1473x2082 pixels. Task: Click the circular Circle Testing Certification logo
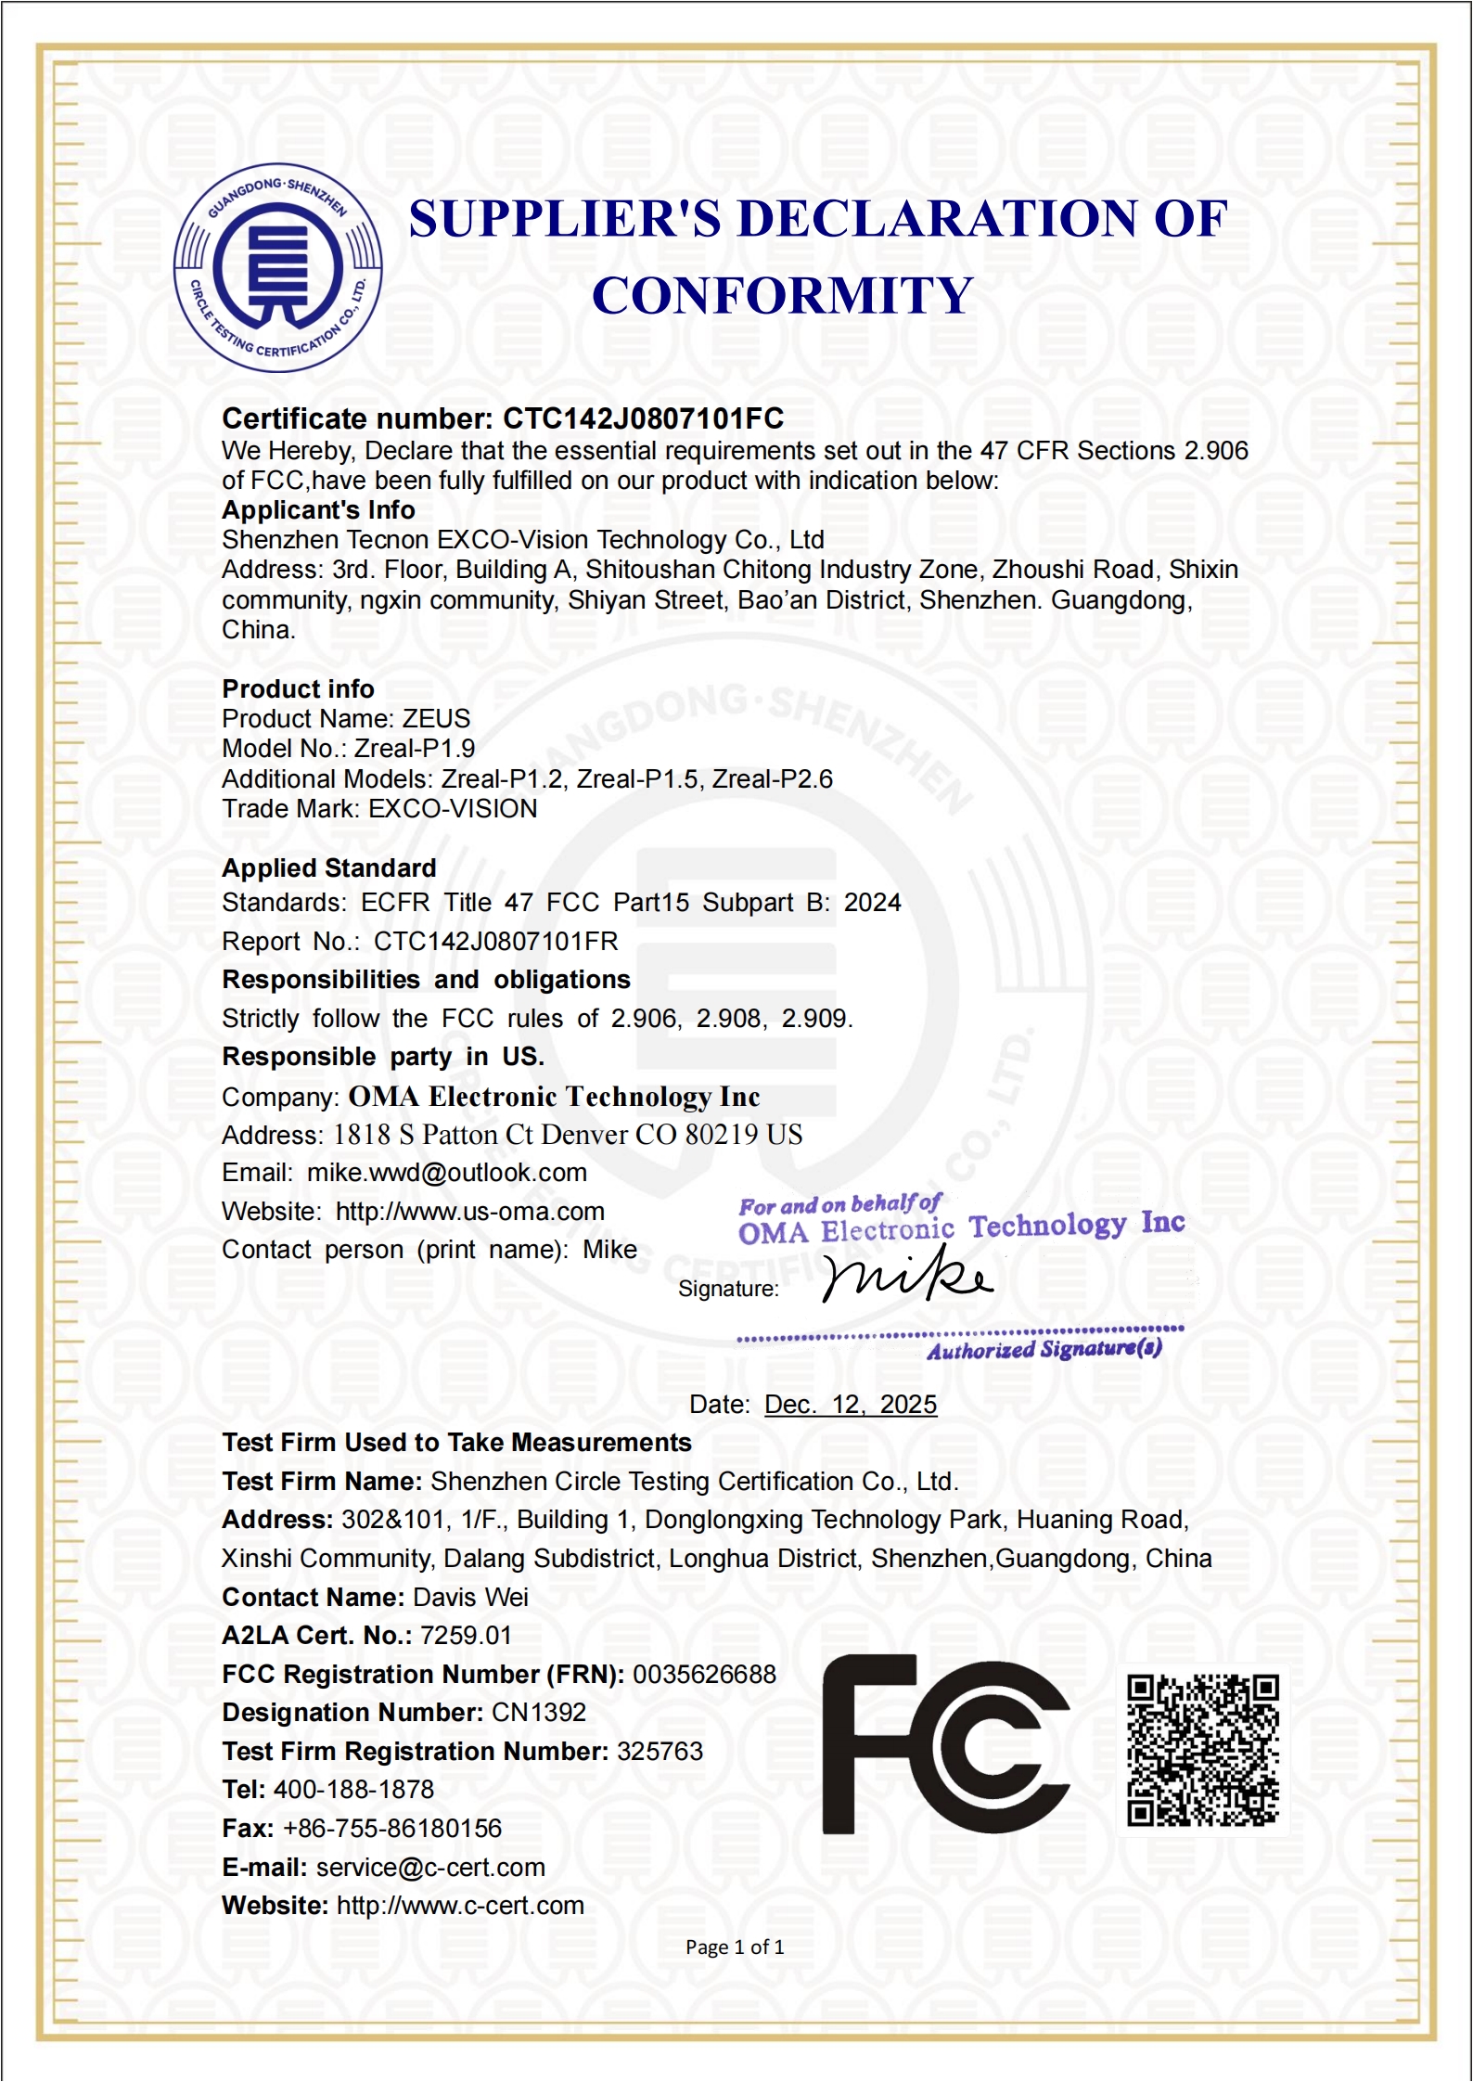pyautogui.click(x=278, y=269)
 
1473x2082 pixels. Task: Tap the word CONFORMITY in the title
pyautogui.click(x=782, y=296)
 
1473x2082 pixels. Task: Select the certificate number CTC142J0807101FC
pyautogui.click(x=643, y=418)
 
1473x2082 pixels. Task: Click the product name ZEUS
pyautogui.click(x=436, y=719)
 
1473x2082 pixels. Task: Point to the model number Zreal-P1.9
pyautogui.click(x=415, y=749)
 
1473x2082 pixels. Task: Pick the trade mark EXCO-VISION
pyautogui.click(x=453, y=809)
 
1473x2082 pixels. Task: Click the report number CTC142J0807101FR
pyautogui.click(x=495, y=942)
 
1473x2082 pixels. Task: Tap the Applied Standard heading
pyautogui.click(x=329, y=868)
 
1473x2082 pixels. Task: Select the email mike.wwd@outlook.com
pyautogui.click(x=447, y=1173)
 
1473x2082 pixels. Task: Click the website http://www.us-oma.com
pyautogui.click(x=469, y=1212)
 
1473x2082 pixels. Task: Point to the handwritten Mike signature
pyautogui.click(x=906, y=1276)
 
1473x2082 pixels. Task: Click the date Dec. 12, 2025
pyautogui.click(x=851, y=1405)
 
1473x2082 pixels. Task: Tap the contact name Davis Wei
pyautogui.click(x=470, y=1598)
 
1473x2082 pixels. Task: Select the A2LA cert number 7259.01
pyautogui.click(x=466, y=1636)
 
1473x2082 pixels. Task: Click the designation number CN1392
pyautogui.click(x=539, y=1713)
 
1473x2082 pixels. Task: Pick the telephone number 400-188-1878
pyautogui.click(x=353, y=1790)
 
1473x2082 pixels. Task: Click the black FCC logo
pyautogui.click(x=946, y=1745)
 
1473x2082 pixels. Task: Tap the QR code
pyautogui.click(x=1203, y=1751)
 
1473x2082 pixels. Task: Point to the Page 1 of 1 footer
pyautogui.click(x=735, y=1947)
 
